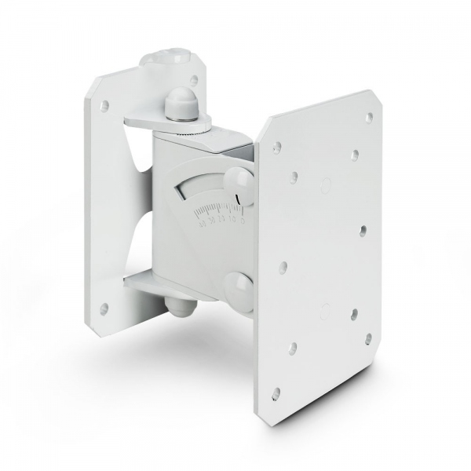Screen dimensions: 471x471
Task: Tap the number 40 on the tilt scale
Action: coord(202,224)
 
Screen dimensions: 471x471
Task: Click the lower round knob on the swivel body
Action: coord(239,287)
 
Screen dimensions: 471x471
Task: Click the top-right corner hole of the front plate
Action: coord(369,117)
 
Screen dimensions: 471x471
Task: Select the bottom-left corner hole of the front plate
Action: coord(276,390)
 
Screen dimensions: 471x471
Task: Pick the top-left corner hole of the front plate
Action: coord(277,147)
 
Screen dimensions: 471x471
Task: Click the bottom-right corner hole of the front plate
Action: coord(368,339)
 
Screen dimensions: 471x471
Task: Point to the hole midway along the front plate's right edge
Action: coord(363,231)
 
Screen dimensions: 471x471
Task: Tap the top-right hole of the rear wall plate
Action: coord(194,79)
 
